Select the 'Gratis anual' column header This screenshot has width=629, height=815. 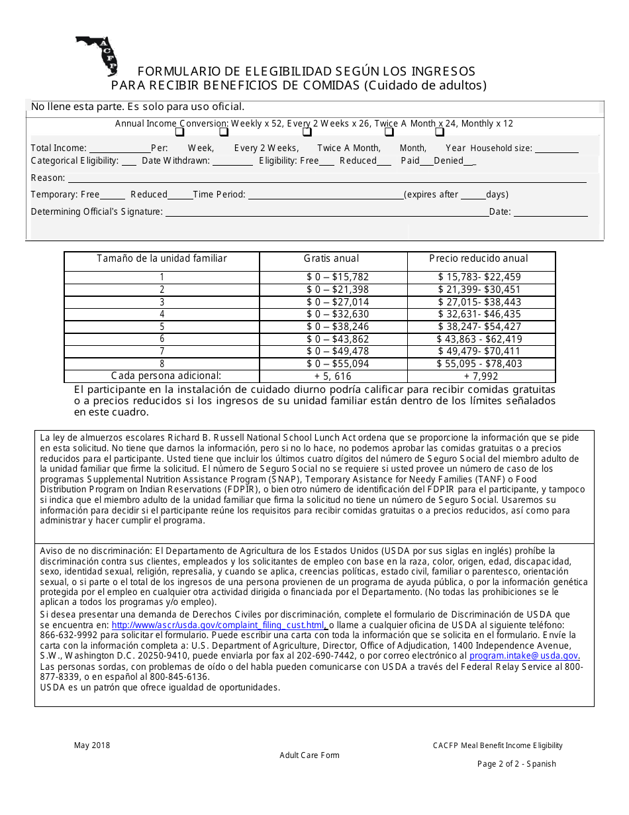332,258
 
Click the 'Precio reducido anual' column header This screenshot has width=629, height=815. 479,258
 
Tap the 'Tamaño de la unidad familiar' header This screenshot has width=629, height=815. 162,258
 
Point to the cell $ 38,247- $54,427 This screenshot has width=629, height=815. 479,327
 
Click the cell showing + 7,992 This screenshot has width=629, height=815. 481,376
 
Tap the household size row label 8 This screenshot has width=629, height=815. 162,364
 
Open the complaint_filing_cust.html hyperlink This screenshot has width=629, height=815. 218,625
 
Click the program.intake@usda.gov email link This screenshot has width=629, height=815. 524,656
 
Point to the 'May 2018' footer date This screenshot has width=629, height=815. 92,745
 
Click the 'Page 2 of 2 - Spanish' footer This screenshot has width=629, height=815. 516,764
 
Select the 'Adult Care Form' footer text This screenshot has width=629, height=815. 309,755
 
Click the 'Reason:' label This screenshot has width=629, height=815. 48,178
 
